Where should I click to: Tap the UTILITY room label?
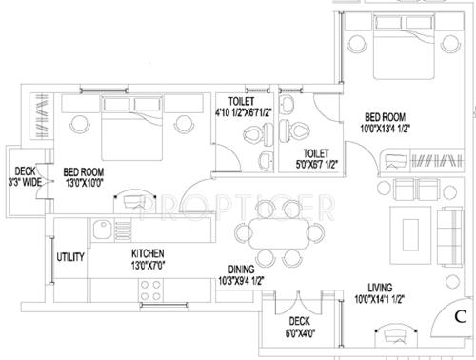click(71, 257)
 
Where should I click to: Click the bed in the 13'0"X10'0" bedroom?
click(124, 133)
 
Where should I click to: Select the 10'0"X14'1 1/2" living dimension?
click(385, 299)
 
